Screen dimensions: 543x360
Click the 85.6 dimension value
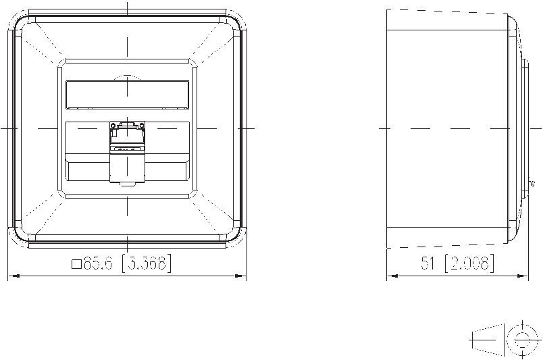[98, 264]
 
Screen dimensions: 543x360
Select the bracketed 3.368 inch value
[147, 263]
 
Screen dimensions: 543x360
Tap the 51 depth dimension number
[428, 263]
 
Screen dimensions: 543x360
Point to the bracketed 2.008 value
[469, 263]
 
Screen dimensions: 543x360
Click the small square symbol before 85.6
[76, 264]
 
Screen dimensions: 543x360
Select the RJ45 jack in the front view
[127, 151]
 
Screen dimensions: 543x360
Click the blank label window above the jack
[127, 95]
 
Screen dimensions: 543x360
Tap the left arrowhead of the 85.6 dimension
[14, 276]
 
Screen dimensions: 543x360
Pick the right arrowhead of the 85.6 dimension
[241, 276]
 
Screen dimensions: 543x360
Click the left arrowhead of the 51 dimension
[392, 276]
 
